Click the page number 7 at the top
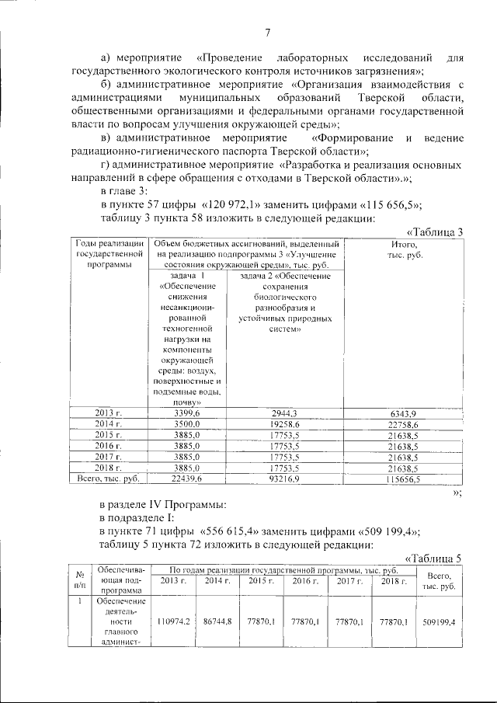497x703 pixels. coord(266,32)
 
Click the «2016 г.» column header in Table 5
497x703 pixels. coord(304,581)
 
